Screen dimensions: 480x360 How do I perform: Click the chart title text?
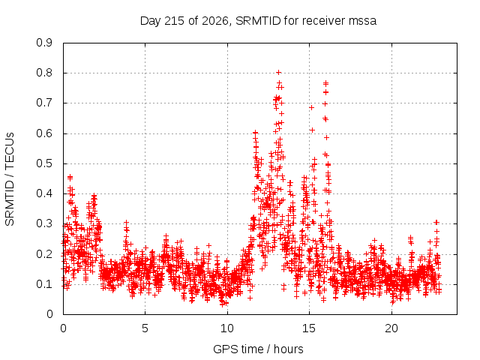pyautogui.click(x=258, y=21)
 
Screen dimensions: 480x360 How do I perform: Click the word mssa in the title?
pyautogui.click(x=362, y=22)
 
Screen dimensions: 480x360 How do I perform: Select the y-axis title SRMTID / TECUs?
pyautogui.click(x=10, y=179)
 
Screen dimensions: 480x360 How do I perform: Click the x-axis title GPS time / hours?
pyautogui.click(x=258, y=349)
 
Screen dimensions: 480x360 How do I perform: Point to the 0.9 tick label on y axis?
pyautogui.click(x=44, y=43)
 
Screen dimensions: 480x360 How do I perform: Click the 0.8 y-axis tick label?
pyautogui.click(x=44, y=73)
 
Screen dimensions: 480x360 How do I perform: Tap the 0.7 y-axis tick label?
pyautogui.click(x=44, y=103)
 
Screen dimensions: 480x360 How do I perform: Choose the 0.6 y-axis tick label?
pyautogui.click(x=44, y=133)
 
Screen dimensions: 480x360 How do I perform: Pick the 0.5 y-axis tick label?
pyautogui.click(x=44, y=163)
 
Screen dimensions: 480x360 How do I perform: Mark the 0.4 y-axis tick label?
pyautogui.click(x=44, y=193)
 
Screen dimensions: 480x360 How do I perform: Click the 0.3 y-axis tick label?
pyautogui.click(x=44, y=223)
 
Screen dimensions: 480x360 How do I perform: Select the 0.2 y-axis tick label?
pyautogui.click(x=44, y=254)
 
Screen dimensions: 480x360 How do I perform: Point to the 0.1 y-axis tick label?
pyautogui.click(x=44, y=284)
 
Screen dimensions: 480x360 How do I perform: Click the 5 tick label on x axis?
pyautogui.click(x=145, y=328)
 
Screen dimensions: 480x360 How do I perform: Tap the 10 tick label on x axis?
pyautogui.click(x=227, y=328)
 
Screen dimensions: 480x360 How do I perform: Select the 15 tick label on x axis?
pyautogui.click(x=309, y=328)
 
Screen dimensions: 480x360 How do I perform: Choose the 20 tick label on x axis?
pyautogui.click(x=391, y=328)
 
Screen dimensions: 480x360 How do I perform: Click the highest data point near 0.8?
pyautogui.click(x=278, y=73)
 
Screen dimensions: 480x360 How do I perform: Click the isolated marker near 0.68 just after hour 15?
pyautogui.click(x=312, y=108)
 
